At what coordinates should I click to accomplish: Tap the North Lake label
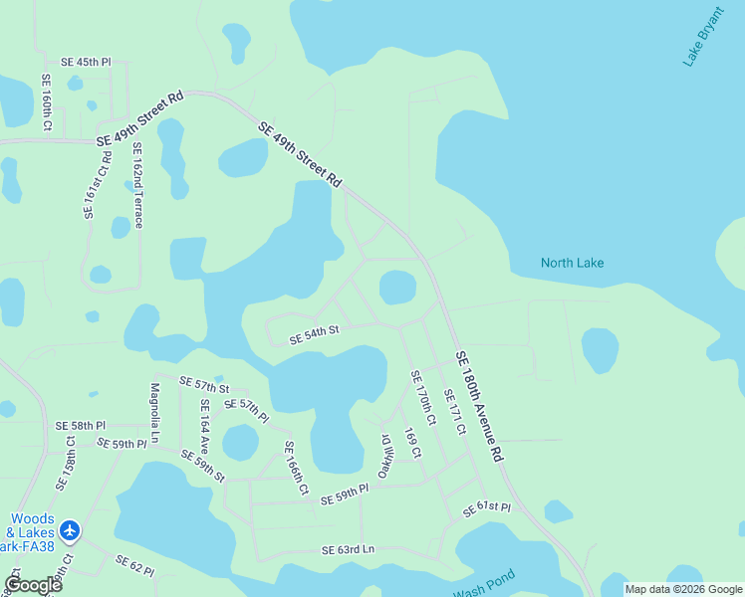pos(572,263)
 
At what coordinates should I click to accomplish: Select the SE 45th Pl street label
pos(86,62)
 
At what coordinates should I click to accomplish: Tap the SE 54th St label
pos(315,334)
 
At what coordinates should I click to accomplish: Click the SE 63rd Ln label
pos(348,549)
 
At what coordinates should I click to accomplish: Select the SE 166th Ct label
pos(296,468)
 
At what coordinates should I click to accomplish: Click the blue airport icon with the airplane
pos(70,531)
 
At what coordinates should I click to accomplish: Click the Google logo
pos(33,585)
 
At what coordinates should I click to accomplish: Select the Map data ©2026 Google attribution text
pos(682,589)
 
